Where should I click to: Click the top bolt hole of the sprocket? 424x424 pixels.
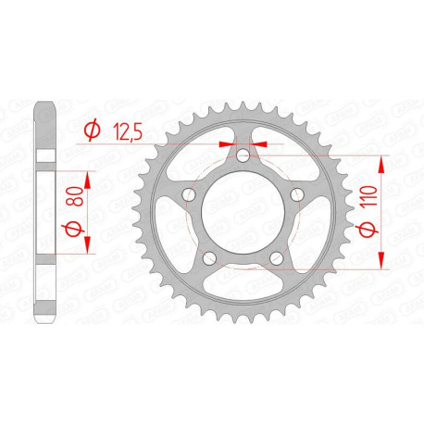pos(243,156)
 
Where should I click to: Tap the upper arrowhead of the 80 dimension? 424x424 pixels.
pos(87,176)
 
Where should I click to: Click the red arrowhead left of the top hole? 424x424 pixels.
pos(229,144)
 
